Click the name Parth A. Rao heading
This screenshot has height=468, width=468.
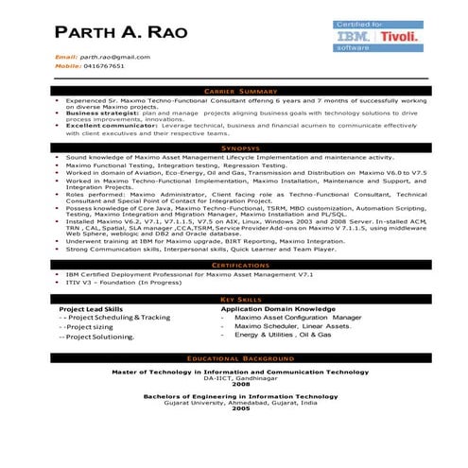[x=121, y=31]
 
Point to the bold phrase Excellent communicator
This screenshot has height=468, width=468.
[x=101, y=125]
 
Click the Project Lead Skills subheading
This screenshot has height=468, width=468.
[x=91, y=309]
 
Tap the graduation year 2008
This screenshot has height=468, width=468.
[x=241, y=385]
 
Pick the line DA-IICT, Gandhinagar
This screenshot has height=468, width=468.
[x=241, y=378]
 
